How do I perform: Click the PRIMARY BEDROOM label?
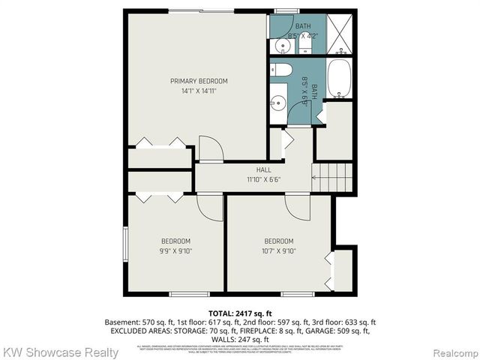tap(199, 81)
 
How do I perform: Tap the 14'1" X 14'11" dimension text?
tap(199, 91)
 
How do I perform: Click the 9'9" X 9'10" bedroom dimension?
tap(176, 250)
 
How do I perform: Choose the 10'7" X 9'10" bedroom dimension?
tap(280, 250)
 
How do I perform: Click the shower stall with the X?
tap(341, 34)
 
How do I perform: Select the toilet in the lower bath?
tap(283, 70)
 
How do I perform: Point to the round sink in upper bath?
tap(282, 46)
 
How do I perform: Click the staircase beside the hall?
tap(332, 178)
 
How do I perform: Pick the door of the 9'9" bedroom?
tap(211, 207)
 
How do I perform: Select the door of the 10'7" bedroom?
tap(298, 207)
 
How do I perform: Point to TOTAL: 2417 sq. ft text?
tap(240, 312)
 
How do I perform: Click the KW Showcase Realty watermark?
tap(60, 352)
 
